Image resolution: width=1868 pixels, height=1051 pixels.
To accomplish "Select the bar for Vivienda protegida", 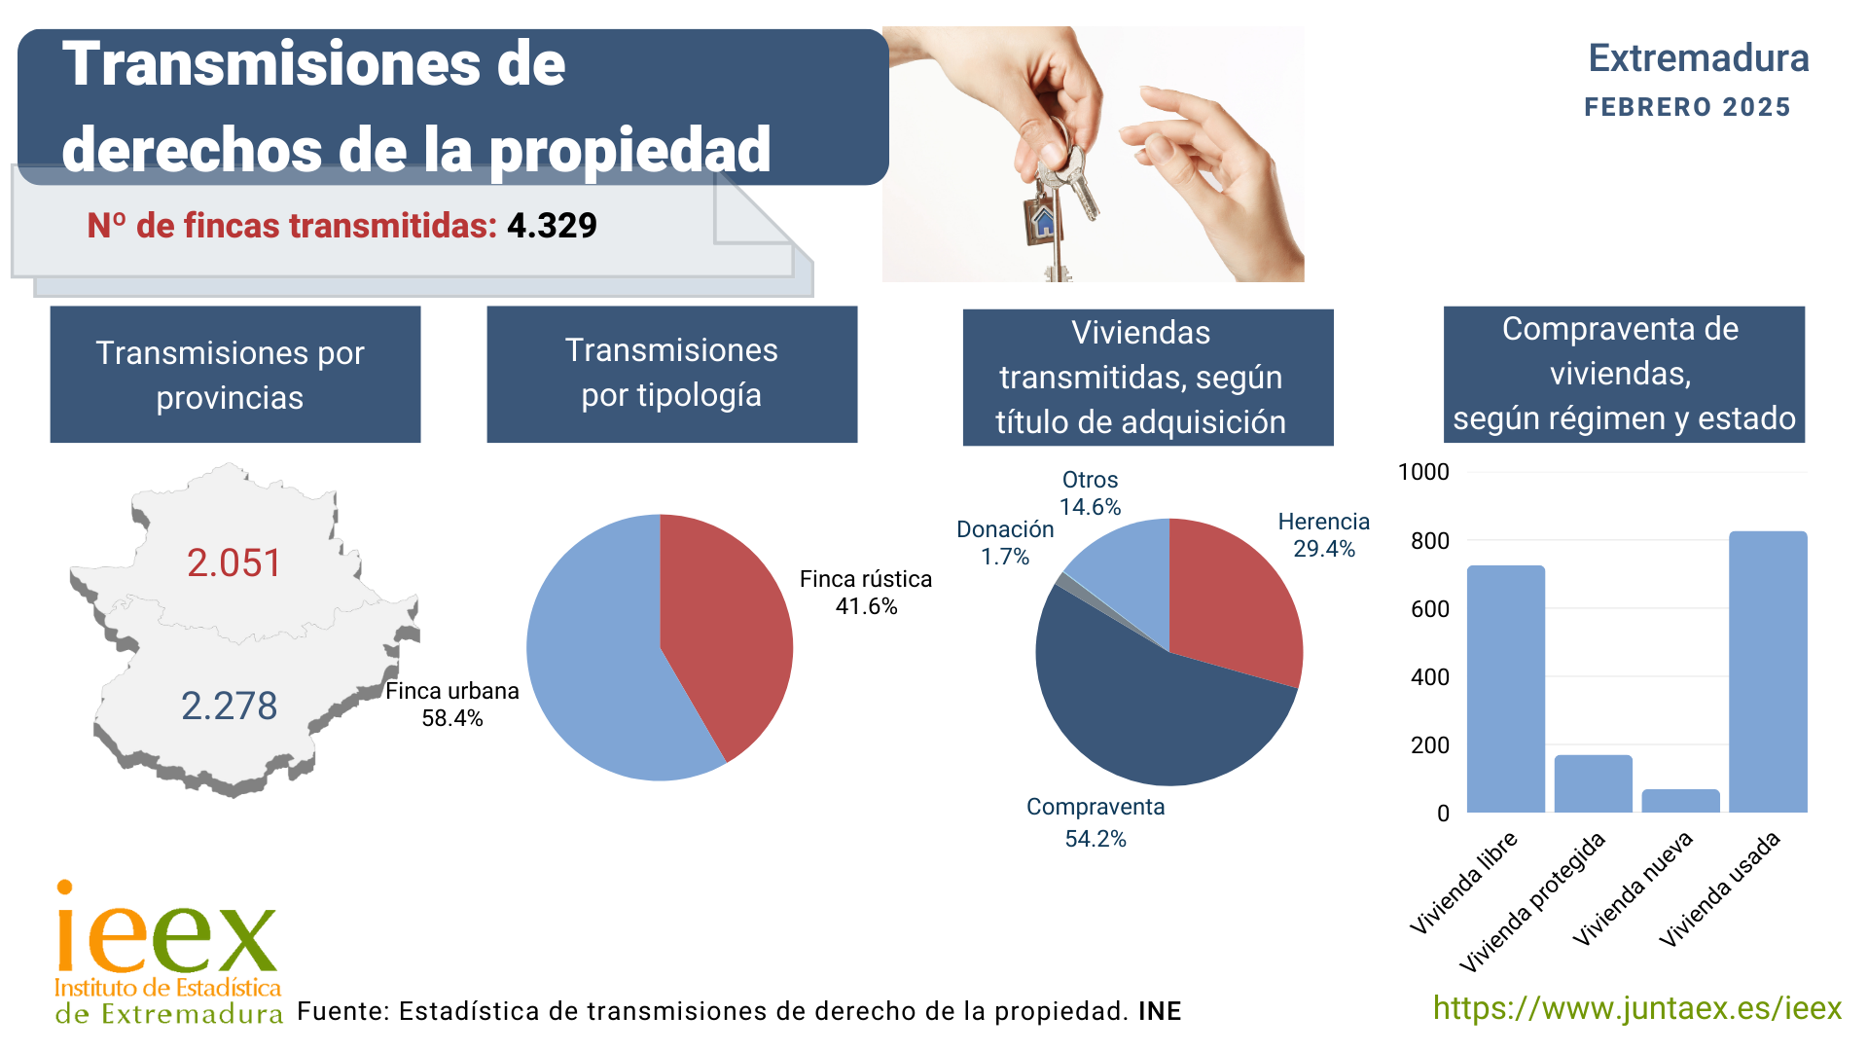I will pyautogui.click(x=1593, y=783).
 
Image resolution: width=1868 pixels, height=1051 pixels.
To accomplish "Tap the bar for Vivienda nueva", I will pyautogui.click(x=1680, y=801).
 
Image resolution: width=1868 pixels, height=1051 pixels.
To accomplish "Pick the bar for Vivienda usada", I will pyautogui.click(x=1768, y=671).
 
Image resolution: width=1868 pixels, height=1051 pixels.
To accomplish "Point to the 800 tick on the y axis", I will pyautogui.click(x=1429, y=541).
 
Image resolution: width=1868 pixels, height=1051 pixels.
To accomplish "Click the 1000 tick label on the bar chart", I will pyautogui.click(x=1423, y=473).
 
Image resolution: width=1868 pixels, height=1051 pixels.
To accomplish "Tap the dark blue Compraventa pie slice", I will pyautogui.click(x=1148, y=720).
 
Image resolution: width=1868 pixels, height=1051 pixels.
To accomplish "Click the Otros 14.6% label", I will pyautogui.click(x=1090, y=493).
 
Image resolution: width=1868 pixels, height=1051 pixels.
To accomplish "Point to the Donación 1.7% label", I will pyautogui.click(x=1005, y=543).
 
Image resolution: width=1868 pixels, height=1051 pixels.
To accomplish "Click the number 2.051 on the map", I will pyautogui.click(x=233, y=563).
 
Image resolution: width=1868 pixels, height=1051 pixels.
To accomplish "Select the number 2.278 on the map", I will pyautogui.click(x=230, y=707).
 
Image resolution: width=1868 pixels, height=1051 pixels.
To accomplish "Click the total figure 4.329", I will pyautogui.click(x=552, y=226).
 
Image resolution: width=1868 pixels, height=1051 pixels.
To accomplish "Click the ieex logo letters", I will pyautogui.click(x=166, y=934).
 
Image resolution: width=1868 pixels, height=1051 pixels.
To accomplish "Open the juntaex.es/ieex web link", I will pyautogui.click(x=1636, y=1008).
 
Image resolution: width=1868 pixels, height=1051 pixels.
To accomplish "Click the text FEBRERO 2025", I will pyautogui.click(x=1687, y=107).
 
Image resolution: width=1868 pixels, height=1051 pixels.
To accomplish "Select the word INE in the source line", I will pyautogui.click(x=1160, y=1012).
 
